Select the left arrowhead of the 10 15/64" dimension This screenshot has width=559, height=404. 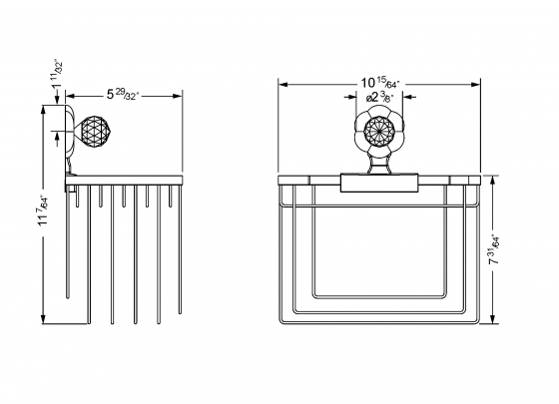pos(279,84)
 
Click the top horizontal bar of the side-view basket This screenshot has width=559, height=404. pos(128,181)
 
